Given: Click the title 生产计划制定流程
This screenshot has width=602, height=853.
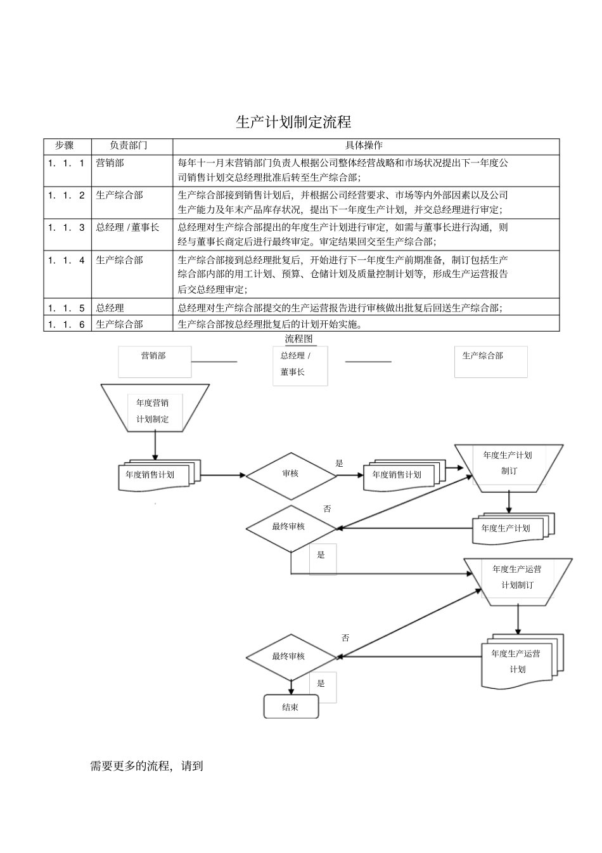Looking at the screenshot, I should click(293, 122).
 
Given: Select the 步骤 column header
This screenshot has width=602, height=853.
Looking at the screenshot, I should click(64, 146).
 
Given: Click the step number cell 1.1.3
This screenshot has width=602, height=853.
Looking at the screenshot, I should click(66, 228).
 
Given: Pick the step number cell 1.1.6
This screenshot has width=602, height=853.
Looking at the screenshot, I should click(66, 324).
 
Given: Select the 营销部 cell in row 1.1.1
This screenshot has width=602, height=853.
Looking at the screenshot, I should click(110, 163).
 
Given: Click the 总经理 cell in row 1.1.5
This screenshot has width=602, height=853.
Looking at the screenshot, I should click(110, 308).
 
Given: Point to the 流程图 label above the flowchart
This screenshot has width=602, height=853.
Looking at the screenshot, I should click(298, 339).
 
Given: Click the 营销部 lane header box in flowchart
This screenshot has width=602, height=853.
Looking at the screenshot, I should click(154, 361).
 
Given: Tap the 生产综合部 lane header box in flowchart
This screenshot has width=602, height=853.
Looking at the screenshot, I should click(490, 361).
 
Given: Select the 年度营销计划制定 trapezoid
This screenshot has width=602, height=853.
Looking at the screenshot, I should click(153, 410).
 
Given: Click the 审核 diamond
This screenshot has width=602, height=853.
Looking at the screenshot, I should click(290, 474).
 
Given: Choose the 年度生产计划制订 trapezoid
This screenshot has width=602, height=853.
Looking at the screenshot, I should click(508, 464).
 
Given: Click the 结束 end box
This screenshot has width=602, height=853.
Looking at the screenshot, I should click(291, 707).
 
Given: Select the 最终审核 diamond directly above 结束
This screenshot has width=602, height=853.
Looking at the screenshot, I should click(290, 656).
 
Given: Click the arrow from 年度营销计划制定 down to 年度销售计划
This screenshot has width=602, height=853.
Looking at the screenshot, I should click(155, 446).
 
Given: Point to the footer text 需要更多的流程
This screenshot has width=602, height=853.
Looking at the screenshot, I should click(146, 766).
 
